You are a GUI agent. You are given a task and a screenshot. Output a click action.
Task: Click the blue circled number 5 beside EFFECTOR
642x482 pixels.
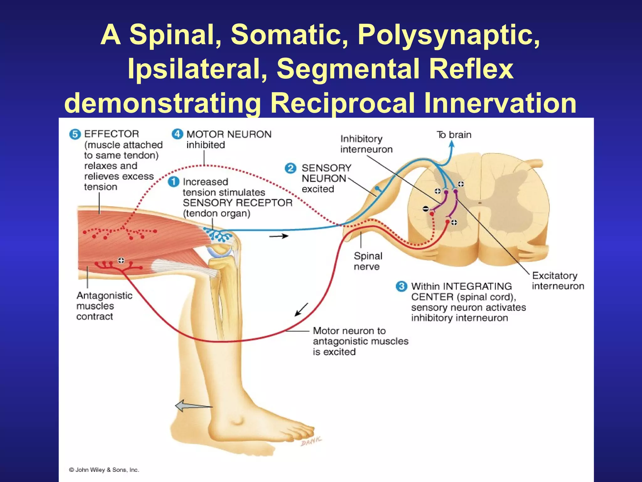point(75,135)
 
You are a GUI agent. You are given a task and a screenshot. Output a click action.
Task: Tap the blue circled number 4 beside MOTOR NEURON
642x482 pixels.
point(177,134)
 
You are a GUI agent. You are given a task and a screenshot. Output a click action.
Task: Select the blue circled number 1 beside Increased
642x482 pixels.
point(173,182)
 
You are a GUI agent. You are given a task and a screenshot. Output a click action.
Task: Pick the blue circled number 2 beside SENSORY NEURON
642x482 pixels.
point(291,168)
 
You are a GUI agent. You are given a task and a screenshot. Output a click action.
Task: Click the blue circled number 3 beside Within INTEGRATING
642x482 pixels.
point(401,286)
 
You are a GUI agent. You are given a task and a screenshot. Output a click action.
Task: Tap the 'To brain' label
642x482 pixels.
point(454,135)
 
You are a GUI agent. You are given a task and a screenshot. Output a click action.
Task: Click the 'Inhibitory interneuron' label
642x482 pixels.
point(366,144)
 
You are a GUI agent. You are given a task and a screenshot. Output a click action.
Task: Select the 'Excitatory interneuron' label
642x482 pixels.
point(558,281)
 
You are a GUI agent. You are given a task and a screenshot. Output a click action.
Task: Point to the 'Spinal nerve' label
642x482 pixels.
point(368,261)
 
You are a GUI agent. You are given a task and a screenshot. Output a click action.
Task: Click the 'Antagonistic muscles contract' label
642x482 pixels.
point(104,306)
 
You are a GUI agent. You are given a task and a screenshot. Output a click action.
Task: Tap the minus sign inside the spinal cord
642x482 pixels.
point(425,209)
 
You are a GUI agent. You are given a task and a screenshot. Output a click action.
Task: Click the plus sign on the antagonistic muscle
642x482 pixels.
point(121,260)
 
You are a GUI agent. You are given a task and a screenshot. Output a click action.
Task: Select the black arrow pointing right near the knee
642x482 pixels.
point(279,236)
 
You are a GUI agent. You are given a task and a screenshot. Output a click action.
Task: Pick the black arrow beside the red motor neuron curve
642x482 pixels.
point(301,310)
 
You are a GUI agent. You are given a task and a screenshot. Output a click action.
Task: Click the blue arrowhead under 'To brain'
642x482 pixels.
point(452,144)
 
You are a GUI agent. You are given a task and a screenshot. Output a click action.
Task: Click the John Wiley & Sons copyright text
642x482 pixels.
point(104,470)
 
